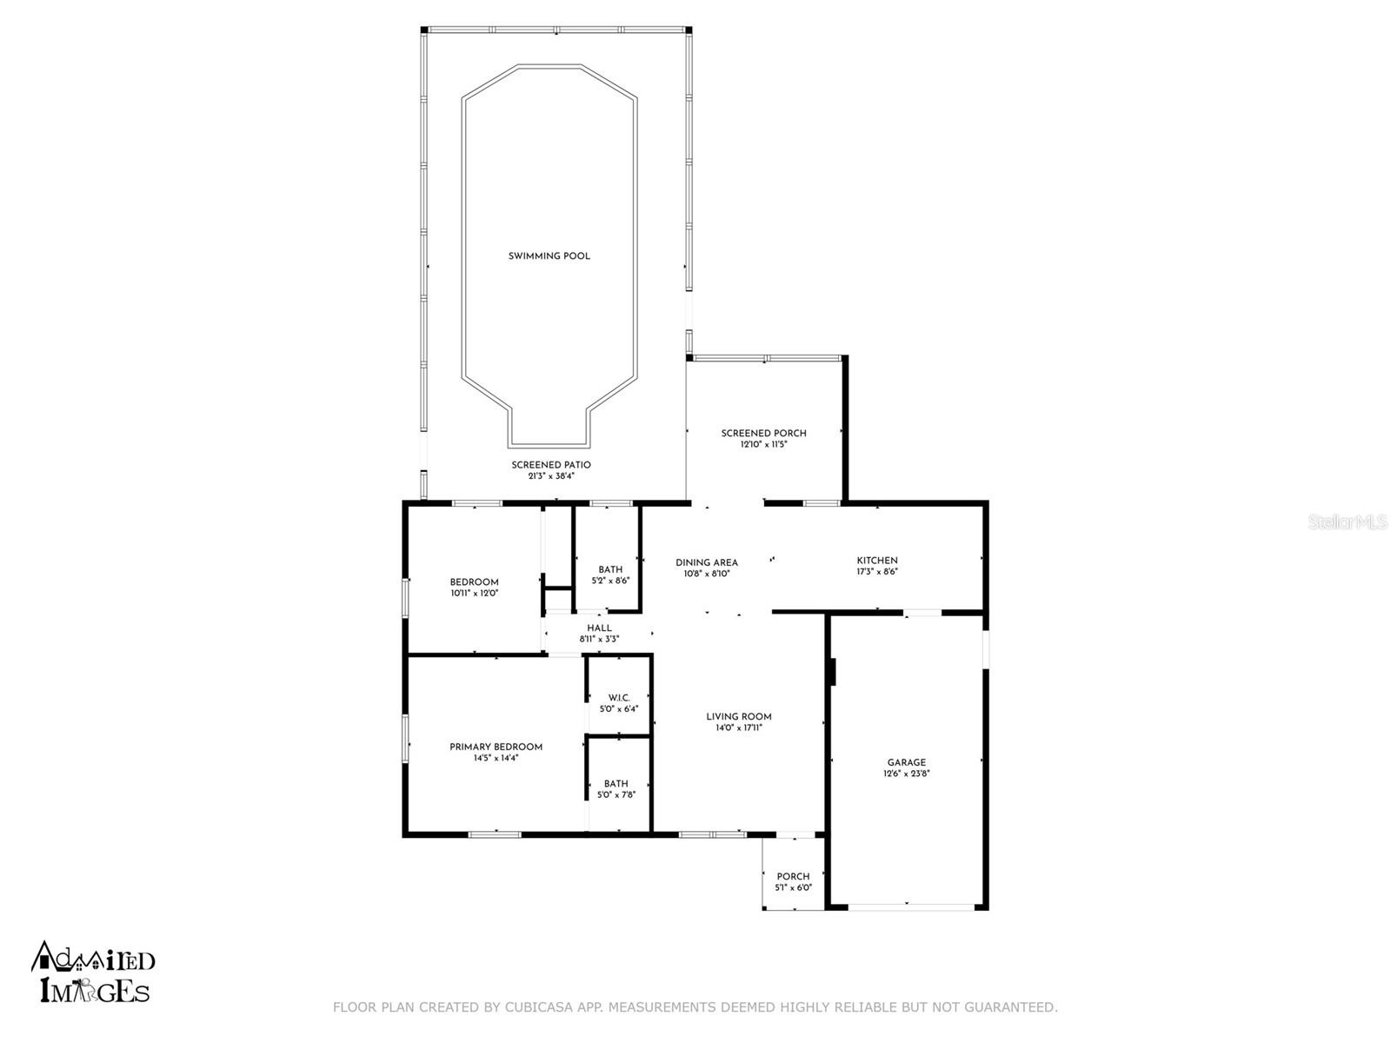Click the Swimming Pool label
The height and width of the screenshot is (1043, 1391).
[549, 256]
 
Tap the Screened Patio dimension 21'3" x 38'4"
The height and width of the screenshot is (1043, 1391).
[550, 476]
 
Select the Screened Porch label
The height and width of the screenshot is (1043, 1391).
[763, 433]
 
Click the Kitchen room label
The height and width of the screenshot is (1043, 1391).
[876, 561]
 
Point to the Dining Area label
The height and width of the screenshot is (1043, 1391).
[706, 562]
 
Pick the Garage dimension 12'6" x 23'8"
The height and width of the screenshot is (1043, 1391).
[907, 774]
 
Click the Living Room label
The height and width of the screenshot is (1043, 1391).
[738, 717]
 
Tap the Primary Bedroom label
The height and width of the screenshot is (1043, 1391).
[496, 747]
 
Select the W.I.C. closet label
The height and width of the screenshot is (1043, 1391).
[618, 698]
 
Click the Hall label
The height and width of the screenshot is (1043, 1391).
[599, 628]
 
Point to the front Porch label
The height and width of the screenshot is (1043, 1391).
[793, 876]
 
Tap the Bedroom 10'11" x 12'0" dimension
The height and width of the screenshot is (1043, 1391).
[474, 594]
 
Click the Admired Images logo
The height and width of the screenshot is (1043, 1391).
[93, 973]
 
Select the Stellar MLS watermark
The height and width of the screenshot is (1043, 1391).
[1348, 521]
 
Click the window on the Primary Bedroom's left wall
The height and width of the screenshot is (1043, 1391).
[404, 739]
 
